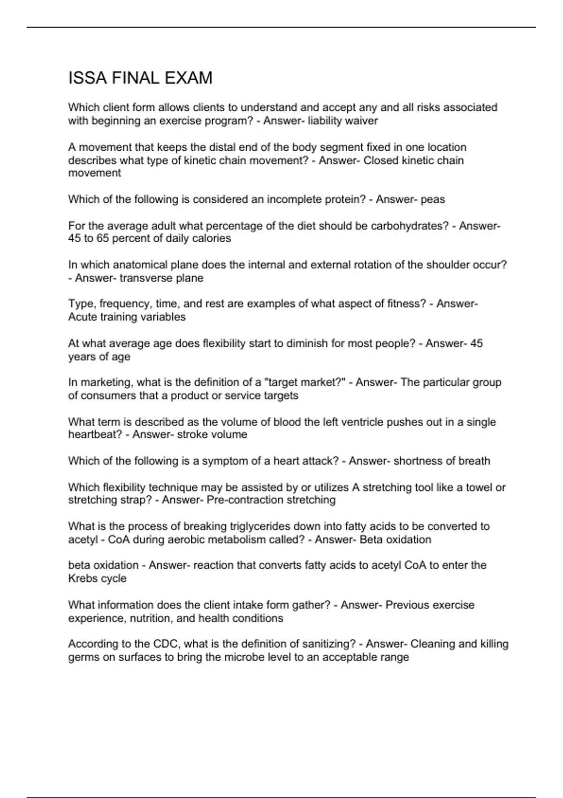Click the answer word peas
coord(433,199)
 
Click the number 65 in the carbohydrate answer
coord(104,238)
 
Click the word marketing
coord(100,383)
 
